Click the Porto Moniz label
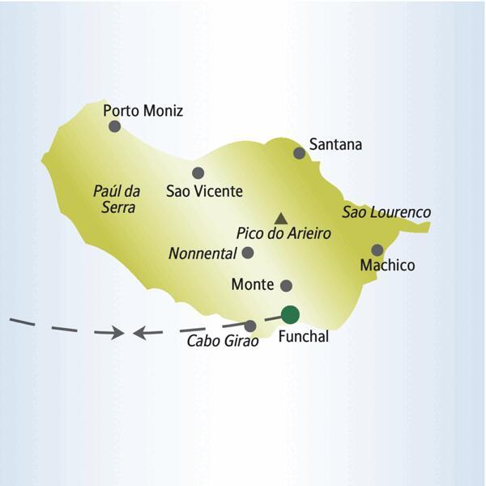coord(143,111)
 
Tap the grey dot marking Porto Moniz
coord(115,126)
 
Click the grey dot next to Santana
coord(300,152)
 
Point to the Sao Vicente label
coord(203,192)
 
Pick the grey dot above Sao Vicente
coord(198,173)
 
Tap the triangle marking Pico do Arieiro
coord(280,218)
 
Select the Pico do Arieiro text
coord(283,233)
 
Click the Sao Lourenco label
coord(386,212)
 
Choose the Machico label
coord(387,266)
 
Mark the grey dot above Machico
coord(377,249)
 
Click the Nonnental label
coord(202,254)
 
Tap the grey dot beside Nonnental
coord(248,253)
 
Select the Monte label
coord(251,285)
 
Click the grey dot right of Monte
coord(286,285)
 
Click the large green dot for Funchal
coord(289,314)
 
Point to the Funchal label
coord(303,337)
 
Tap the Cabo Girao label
coord(223,342)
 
